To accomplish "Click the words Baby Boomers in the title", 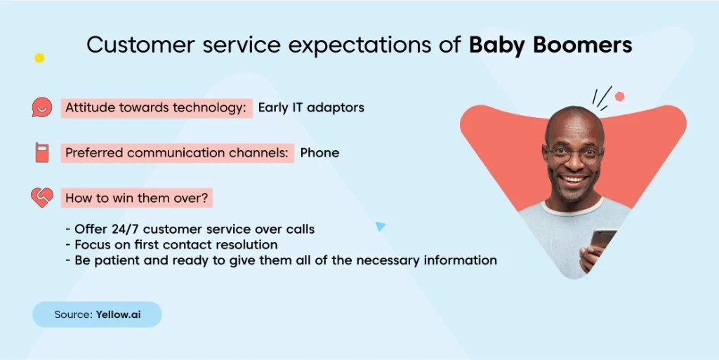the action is (550, 45).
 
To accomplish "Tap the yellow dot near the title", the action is (39, 58).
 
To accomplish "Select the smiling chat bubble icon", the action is (41, 107).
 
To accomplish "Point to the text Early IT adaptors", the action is (311, 107).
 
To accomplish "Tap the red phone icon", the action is (41, 152).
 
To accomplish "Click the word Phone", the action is (319, 152).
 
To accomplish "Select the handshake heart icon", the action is (41, 197).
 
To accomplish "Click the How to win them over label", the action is (137, 198).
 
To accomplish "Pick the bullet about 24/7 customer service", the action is (190, 229).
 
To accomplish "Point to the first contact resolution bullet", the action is (171, 245).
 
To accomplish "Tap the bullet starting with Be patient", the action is (281, 260).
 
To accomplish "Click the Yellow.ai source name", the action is (118, 314).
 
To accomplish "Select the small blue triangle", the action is (380, 226).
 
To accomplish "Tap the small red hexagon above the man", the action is (619, 96).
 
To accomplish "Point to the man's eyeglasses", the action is (573, 154).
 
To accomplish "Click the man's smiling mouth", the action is (573, 179).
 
